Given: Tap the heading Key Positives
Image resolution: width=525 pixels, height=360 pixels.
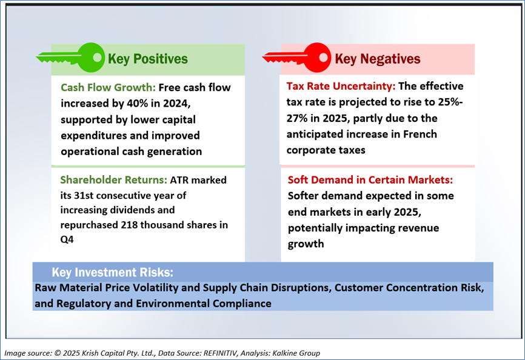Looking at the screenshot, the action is tap(148, 59).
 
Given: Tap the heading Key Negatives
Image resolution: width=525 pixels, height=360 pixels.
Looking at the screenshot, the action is tap(377, 59).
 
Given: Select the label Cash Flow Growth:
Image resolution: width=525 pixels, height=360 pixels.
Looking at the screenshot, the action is tap(108, 87).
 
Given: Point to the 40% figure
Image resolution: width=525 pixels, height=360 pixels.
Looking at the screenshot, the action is tap(137, 103).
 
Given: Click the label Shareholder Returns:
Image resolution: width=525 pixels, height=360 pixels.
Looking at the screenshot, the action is tap(113, 180).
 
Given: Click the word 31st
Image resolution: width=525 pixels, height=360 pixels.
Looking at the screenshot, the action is tap(84, 195).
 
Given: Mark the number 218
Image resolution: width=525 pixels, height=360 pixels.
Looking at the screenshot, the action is tap(129, 225).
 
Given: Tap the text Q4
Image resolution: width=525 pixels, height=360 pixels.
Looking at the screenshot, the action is tap(67, 239).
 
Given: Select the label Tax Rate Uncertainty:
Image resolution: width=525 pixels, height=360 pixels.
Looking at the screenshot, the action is tap(341, 86).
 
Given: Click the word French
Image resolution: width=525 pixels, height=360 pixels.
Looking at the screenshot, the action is tap(420, 134).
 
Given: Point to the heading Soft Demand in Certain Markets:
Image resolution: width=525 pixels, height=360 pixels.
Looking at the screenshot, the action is tap(370, 180).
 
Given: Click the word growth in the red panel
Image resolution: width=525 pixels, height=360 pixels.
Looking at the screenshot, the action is tap(306, 244).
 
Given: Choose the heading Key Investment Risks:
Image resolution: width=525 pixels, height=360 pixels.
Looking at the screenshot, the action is tap(113, 272).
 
